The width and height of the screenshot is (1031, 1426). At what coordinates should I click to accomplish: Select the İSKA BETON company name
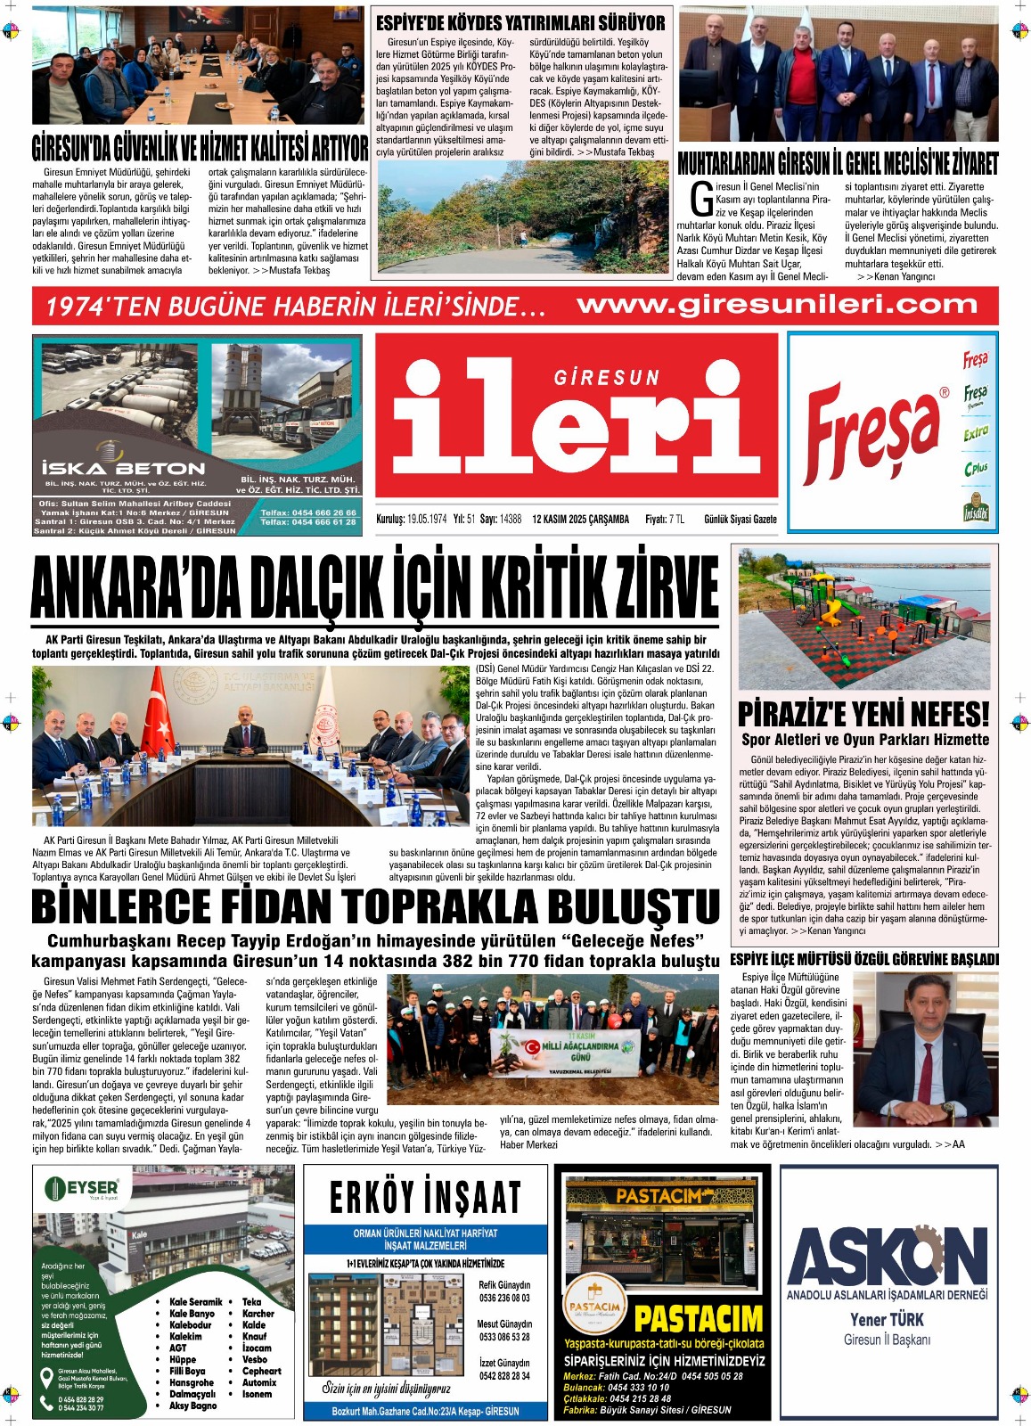(x=123, y=468)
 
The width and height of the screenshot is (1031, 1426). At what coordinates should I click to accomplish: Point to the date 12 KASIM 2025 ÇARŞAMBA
(x=580, y=519)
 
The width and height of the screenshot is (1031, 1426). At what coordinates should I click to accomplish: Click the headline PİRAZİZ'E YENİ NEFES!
(x=863, y=714)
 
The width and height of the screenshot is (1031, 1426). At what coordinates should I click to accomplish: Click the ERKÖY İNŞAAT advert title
(x=425, y=1197)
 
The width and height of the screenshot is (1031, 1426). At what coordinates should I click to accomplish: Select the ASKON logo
(x=887, y=1257)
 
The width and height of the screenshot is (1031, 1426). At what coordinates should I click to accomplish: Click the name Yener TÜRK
(x=887, y=1320)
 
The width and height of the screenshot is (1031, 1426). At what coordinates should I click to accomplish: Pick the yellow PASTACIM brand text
(x=699, y=1319)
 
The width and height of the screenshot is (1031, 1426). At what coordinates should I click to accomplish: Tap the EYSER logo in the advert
(x=82, y=1188)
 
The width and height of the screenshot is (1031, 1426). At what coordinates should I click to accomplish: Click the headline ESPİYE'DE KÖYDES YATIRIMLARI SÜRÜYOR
(x=520, y=23)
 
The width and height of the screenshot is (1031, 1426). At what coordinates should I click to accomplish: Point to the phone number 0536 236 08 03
(x=504, y=1298)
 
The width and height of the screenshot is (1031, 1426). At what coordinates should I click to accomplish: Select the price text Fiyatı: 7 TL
(x=665, y=519)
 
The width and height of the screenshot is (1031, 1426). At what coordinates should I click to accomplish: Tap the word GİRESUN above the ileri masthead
(x=607, y=378)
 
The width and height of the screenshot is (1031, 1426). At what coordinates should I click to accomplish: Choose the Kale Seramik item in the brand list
(x=195, y=1302)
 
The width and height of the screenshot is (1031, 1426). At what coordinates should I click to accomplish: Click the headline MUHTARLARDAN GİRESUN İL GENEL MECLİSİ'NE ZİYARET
(x=838, y=163)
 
